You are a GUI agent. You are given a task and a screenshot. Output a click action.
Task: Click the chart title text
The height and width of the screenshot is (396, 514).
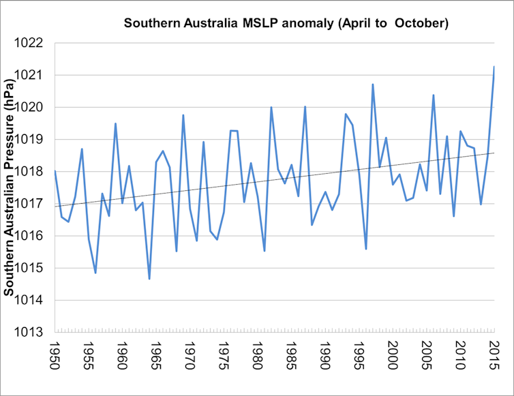tap(286, 24)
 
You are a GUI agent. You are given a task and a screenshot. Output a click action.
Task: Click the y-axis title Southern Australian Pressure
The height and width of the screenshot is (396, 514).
tap(10, 189)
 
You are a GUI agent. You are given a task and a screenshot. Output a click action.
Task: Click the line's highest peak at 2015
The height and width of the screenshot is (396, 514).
tap(494, 67)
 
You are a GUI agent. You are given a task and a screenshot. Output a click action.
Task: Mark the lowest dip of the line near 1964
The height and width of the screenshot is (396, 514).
tap(149, 279)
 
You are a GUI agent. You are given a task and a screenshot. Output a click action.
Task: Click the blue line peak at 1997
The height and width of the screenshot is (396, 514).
tap(373, 85)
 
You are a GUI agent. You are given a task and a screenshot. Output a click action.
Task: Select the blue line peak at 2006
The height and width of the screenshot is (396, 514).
tap(434, 95)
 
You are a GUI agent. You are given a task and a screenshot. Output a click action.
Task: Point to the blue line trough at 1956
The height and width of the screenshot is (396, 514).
tap(95, 273)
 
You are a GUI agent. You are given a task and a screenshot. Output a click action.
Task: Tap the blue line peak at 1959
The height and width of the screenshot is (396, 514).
tap(115, 123)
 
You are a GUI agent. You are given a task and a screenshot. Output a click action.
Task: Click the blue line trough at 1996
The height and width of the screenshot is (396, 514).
tap(366, 249)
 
